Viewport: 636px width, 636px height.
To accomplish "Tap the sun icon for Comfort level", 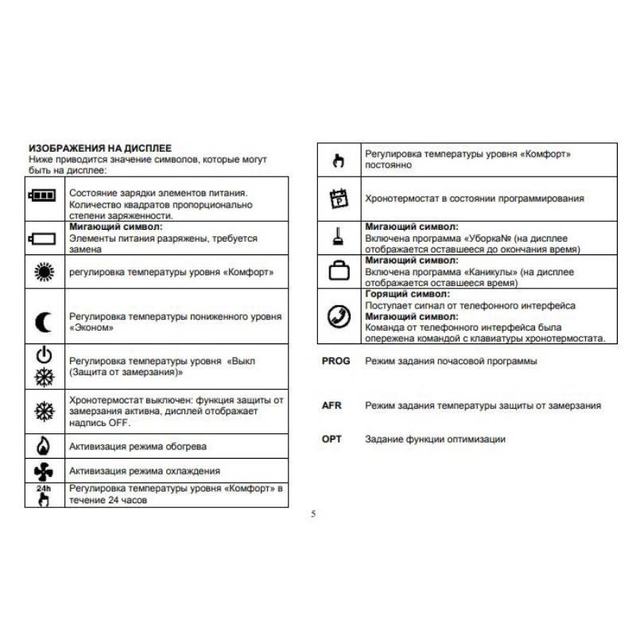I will pyautogui.click(x=43, y=272).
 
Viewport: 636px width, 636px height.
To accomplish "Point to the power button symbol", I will pyautogui.click(x=43, y=355).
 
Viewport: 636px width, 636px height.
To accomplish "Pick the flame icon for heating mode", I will pyautogui.click(x=43, y=445).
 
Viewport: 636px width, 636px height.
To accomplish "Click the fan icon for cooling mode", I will pyautogui.click(x=43, y=471).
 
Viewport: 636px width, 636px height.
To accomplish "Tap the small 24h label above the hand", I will pyautogui.click(x=43, y=487).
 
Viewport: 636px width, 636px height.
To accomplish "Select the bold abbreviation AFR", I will pyautogui.click(x=332, y=405).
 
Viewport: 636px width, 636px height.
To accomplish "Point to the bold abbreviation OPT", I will pyautogui.click(x=332, y=438).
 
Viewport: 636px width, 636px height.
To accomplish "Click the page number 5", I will pyautogui.click(x=313, y=514).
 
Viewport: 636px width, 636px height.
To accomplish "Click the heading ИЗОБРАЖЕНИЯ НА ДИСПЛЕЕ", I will pyautogui.click(x=99, y=149).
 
